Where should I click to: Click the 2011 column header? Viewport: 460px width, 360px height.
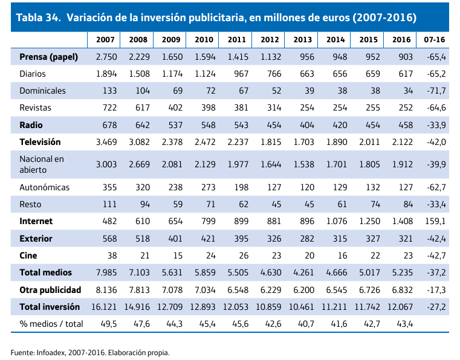coord(236,40)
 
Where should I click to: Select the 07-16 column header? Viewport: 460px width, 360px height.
coord(434,40)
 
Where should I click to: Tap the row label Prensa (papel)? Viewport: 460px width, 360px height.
coord(49,57)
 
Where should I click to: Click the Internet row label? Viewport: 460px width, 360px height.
coord(36,221)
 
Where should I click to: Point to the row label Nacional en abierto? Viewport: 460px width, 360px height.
coord(42,164)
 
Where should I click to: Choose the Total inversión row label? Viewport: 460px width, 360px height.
coord(50,307)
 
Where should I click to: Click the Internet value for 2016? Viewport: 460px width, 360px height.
coord(403,221)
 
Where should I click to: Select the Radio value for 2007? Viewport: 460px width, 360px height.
coord(109,125)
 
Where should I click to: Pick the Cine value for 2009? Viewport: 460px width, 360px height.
coord(178,256)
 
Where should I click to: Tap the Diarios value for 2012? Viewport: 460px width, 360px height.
coord(274,74)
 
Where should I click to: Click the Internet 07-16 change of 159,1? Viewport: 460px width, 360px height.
coord(435,221)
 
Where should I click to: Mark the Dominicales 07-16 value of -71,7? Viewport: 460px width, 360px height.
coord(436,91)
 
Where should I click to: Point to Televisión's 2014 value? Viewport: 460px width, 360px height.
coord(337,142)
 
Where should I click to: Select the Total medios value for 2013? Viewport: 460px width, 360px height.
coord(303,272)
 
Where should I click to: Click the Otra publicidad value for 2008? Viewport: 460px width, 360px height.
coord(139,290)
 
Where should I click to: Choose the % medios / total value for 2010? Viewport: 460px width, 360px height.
coord(207,324)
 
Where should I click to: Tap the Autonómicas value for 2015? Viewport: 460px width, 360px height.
coord(373,187)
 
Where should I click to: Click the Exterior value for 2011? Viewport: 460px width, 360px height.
coord(241,239)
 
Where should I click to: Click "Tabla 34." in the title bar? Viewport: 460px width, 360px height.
coord(39,18)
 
